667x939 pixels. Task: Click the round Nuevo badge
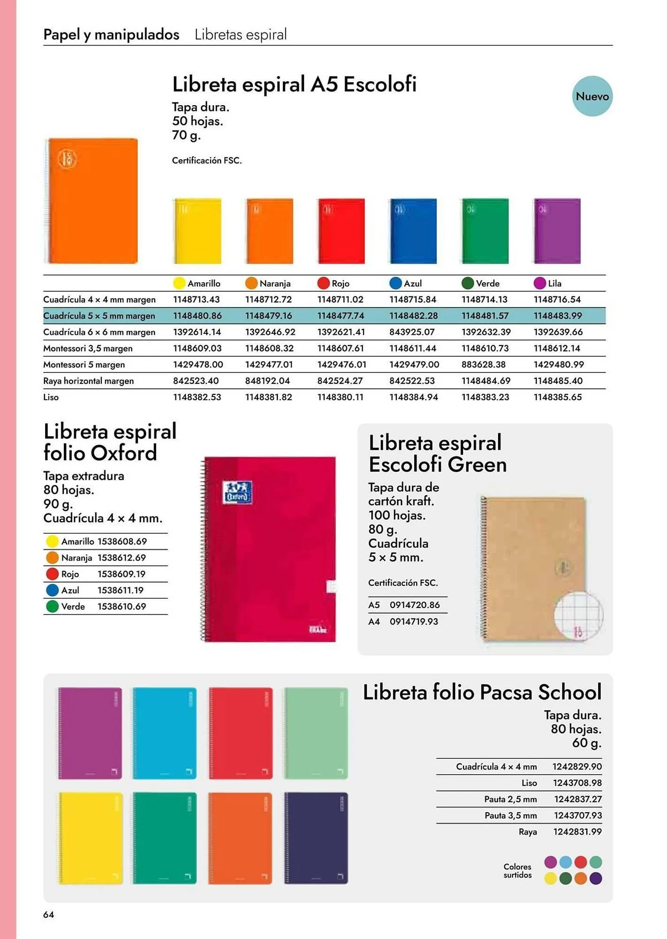(592, 96)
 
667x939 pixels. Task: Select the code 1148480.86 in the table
(197, 316)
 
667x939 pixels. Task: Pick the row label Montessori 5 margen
(84, 365)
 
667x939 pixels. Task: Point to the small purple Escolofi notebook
(557, 231)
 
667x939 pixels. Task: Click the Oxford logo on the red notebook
(238, 492)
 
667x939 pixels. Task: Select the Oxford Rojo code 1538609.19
(121, 574)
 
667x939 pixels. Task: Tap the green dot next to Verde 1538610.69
(52, 607)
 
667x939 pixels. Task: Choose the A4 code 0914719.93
(414, 622)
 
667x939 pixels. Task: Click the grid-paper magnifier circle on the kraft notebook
(578, 615)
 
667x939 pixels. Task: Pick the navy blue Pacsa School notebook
(316, 838)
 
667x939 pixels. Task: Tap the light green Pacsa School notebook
(316, 733)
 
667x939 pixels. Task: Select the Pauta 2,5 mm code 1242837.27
(578, 799)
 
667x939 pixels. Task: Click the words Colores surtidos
(517, 871)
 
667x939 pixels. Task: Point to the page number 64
(49, 914)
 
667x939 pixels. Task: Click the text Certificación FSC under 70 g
(207, 161)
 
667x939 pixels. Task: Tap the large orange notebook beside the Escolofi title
(92, 200)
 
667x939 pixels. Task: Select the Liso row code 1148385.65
(557, 397)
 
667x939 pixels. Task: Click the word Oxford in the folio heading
(123, 453)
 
